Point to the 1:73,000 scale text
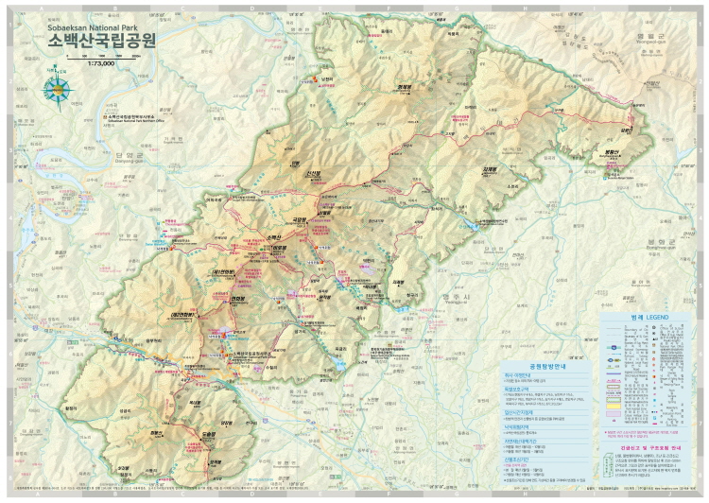point(99,65)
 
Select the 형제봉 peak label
point(404,88)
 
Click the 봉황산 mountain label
point(609,150)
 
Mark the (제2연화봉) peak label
point(182,313)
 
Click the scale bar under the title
point(99,58)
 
